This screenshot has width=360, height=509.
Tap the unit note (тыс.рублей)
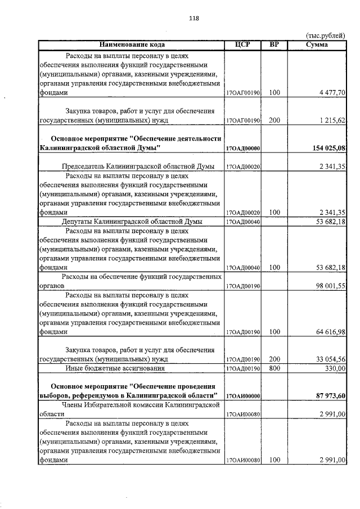pos(325,35)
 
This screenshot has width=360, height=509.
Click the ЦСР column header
pos(243,44)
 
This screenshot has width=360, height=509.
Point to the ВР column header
pos(274,44)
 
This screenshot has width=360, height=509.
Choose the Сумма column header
pos(317,44)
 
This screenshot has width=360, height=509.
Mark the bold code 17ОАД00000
pos(243,148)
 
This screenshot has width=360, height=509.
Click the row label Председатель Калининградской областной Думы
pos(138,166)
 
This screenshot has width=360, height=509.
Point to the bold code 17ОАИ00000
pos(243,396)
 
